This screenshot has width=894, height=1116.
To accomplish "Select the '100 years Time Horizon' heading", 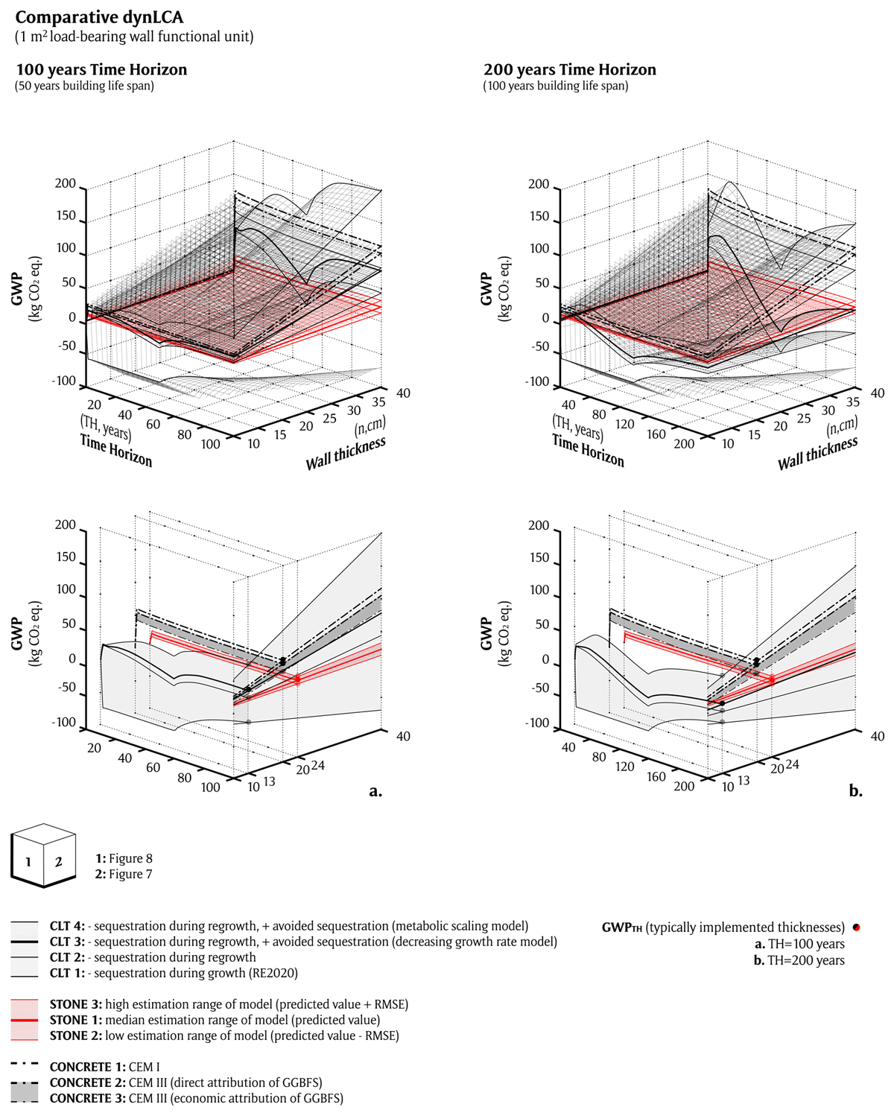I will click(101, 70).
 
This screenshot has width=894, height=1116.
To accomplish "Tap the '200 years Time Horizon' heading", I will click(570, 70).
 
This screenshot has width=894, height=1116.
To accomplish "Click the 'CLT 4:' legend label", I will click(67, 926).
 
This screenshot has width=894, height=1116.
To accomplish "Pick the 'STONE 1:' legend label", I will click(76, 1020).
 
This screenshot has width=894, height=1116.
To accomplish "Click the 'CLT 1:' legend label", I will click(67, 973).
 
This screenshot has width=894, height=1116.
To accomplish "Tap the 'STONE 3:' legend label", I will click(76, 1004).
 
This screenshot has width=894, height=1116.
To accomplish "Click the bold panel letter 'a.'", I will click(375, 791).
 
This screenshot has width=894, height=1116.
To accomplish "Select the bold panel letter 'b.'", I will click(855, 791).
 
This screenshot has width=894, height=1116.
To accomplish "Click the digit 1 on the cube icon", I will click(28, 862).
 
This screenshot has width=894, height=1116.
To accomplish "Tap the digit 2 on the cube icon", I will click(58, 862).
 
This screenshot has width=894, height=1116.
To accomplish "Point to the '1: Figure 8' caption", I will click(124, 858).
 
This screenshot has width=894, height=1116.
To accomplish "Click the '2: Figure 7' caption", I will click(124, 874).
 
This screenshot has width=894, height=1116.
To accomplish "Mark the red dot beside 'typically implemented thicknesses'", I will click(857, 928).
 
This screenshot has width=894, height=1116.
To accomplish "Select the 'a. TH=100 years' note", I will click(799, 944).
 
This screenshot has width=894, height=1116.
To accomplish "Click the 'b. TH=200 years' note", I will click(799, 960).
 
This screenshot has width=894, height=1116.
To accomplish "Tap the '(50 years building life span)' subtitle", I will click(84, 86).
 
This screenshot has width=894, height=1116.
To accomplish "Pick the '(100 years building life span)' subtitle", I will click(555, 86).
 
